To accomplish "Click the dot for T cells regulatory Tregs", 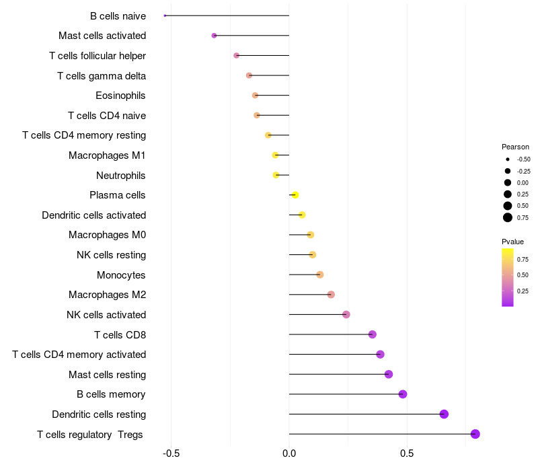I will (475, 434).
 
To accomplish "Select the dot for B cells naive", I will (165, 15).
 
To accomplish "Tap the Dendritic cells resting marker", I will (444, 414).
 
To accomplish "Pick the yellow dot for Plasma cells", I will (295, 195).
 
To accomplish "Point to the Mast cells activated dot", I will (214, 36).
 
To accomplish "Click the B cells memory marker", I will (403, 394).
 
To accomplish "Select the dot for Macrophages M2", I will (331, 295).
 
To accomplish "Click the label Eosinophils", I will (120, 96).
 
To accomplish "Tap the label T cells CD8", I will (120, 334).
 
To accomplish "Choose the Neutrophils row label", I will (121, 176).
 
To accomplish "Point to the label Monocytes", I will (121, 275).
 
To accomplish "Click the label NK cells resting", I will (111, 255).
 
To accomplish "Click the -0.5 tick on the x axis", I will (171, 454).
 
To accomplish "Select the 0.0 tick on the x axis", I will (289, 454).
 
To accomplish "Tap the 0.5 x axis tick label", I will (407, 454).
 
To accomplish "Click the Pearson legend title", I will (515, 147).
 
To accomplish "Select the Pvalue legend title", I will (512, 242).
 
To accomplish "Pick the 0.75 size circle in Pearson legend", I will (508, 217).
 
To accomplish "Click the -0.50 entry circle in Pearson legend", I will (508, 159).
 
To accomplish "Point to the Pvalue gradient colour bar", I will (508, 277).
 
